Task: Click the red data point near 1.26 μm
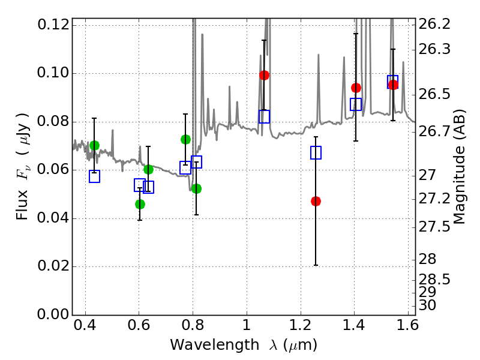316,201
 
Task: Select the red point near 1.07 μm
264,75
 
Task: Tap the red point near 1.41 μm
356,88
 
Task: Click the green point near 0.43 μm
94,145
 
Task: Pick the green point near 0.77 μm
185,139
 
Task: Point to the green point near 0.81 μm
196,188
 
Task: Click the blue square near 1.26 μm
316,152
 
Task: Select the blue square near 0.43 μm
94,176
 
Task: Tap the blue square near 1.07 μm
264,116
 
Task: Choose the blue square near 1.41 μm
356,104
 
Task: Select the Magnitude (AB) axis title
460,167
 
